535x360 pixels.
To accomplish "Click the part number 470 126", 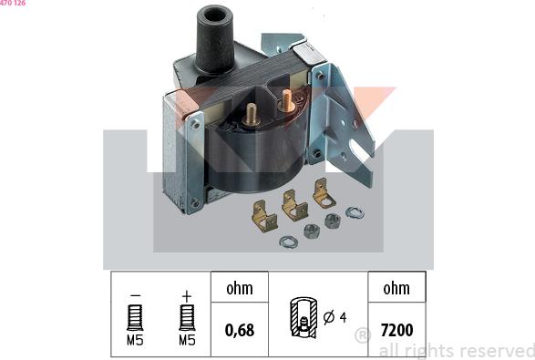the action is [13, 3].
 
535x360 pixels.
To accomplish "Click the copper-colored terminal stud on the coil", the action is [287, 100].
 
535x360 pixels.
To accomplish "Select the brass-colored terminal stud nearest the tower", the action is [252, 114].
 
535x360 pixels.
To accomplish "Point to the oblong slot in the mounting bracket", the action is [357, 151].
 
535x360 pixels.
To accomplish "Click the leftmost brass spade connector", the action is [264, 216].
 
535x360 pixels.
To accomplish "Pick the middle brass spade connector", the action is [294, 205].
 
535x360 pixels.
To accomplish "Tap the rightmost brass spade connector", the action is [324, 193].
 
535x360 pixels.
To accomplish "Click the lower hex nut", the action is [312, 231].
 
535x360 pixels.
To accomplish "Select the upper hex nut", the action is [332, 221].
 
